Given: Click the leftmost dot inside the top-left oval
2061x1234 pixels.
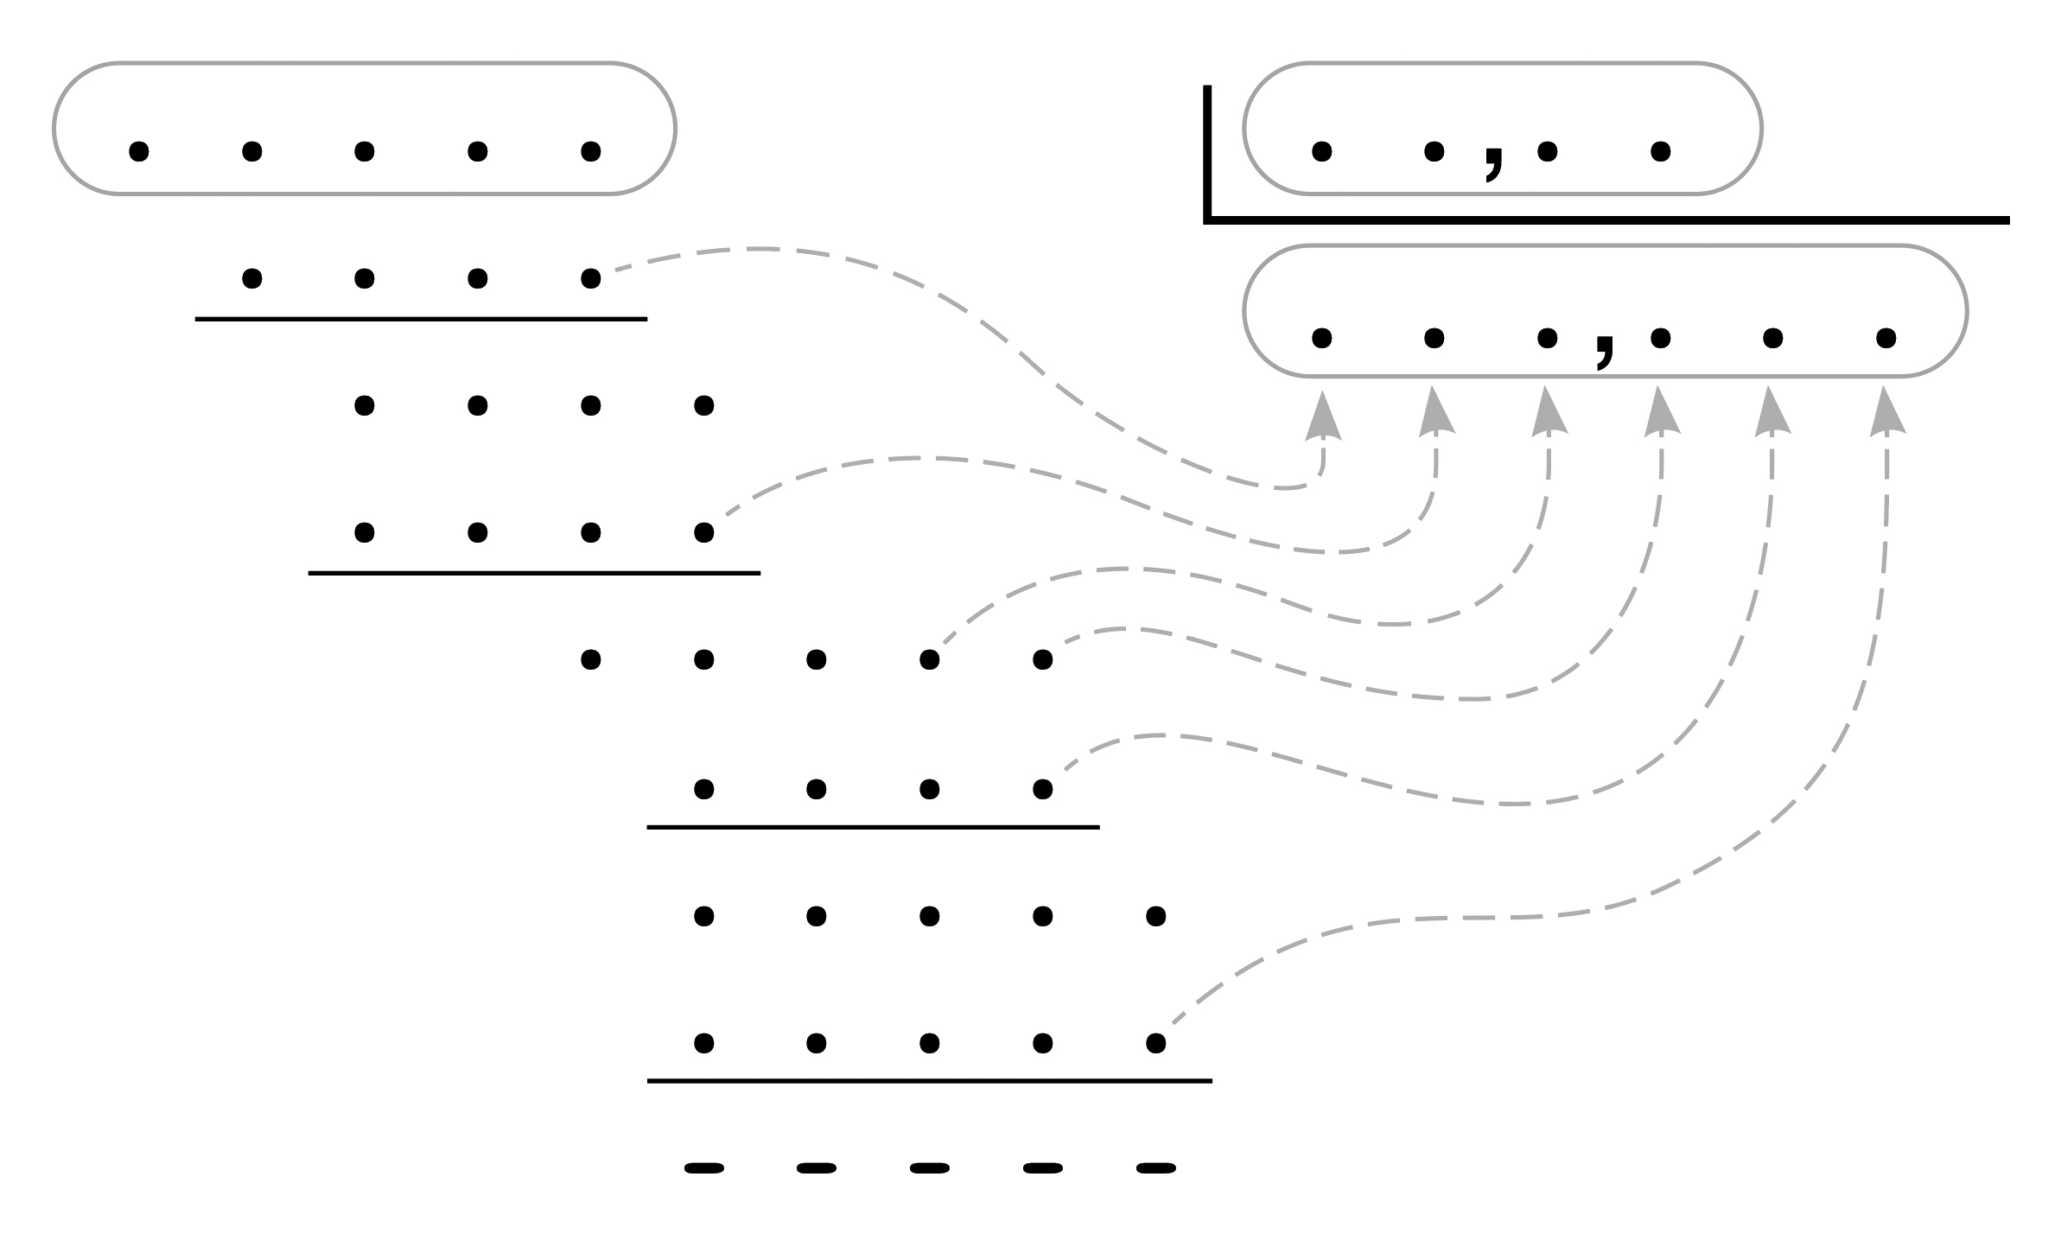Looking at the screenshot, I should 138,152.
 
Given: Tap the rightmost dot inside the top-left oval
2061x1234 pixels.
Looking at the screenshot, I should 591,152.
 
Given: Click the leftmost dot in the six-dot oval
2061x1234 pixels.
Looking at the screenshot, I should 1321,337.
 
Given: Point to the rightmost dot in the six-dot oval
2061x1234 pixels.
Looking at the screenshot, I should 1886,337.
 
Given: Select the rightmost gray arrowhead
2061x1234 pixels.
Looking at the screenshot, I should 1887,413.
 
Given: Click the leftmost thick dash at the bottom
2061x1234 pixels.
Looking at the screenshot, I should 704,1169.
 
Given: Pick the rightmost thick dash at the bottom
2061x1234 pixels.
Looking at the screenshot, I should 1155,1169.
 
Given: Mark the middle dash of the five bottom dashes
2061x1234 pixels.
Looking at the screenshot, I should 930,1169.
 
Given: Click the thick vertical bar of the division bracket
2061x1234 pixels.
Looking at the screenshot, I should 1208,151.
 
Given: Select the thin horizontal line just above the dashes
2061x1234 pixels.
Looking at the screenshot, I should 929,1080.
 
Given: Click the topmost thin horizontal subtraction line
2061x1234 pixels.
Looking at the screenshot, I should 421,319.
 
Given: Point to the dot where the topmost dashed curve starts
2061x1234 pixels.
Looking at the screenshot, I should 591,278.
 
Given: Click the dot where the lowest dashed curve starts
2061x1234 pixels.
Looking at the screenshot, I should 1155,1043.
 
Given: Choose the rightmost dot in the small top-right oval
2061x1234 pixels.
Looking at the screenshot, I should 1660,152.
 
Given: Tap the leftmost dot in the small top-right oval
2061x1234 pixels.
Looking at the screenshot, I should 1321,152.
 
